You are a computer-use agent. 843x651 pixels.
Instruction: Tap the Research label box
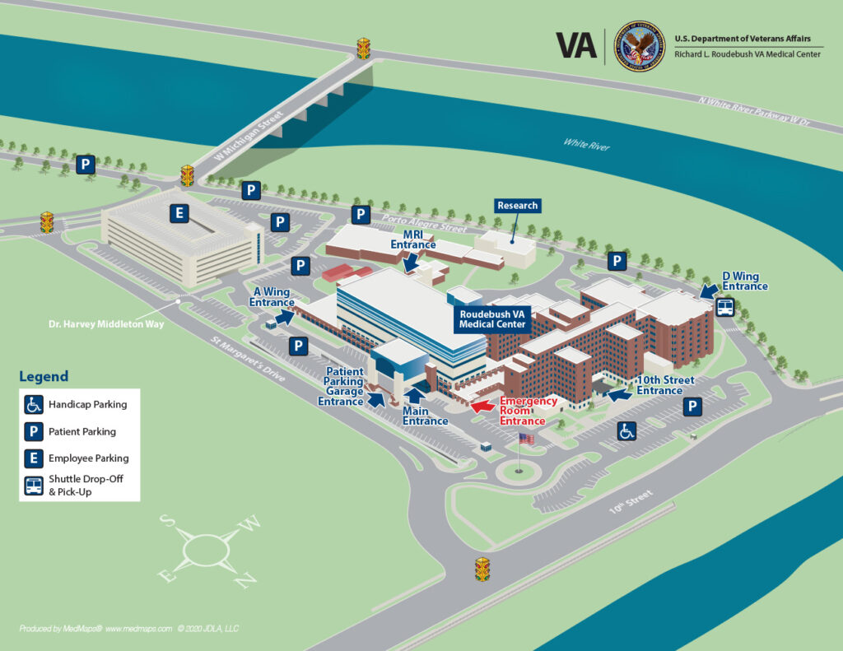pyautogui.click(x=517, y=206)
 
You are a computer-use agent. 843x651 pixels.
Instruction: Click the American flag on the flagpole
pyautogui.click(x=526, y=439)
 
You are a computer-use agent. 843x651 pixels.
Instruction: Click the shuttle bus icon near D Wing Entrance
pyautogui.click(x=725, y=307)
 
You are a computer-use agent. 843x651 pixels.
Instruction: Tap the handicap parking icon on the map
pyautogui.click(x=626, y=430)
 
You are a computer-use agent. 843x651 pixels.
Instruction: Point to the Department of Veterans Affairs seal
pyautogui.click(x=639, y=46)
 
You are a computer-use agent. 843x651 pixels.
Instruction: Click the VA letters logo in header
pyautogui.click(x=575, y=45)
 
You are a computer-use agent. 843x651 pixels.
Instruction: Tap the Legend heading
pyautogui.click(x=44, y=376)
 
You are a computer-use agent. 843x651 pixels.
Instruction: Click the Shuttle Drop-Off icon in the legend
pyautogui.click(x=34, y=485)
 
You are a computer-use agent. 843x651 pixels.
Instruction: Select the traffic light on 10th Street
pyautogui.click(x=482, y=569)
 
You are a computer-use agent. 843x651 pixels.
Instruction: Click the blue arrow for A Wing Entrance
pyautogui.click(x=285, y=317)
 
